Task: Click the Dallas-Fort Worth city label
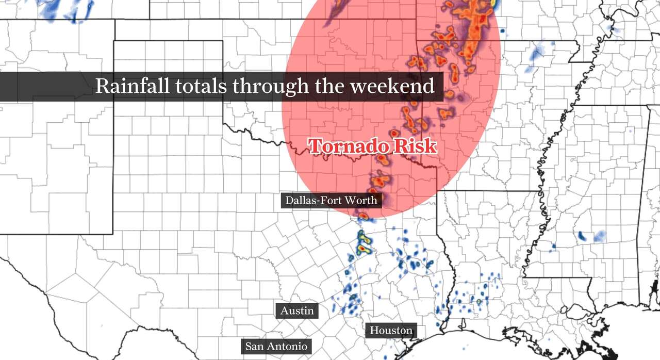[332, 200]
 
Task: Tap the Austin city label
[297, 310]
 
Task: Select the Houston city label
[391, 330]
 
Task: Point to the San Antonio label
[276, 346]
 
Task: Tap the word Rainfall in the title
[132, 86]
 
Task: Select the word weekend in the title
[392, 86]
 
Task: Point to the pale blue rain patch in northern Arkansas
[537, 52]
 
